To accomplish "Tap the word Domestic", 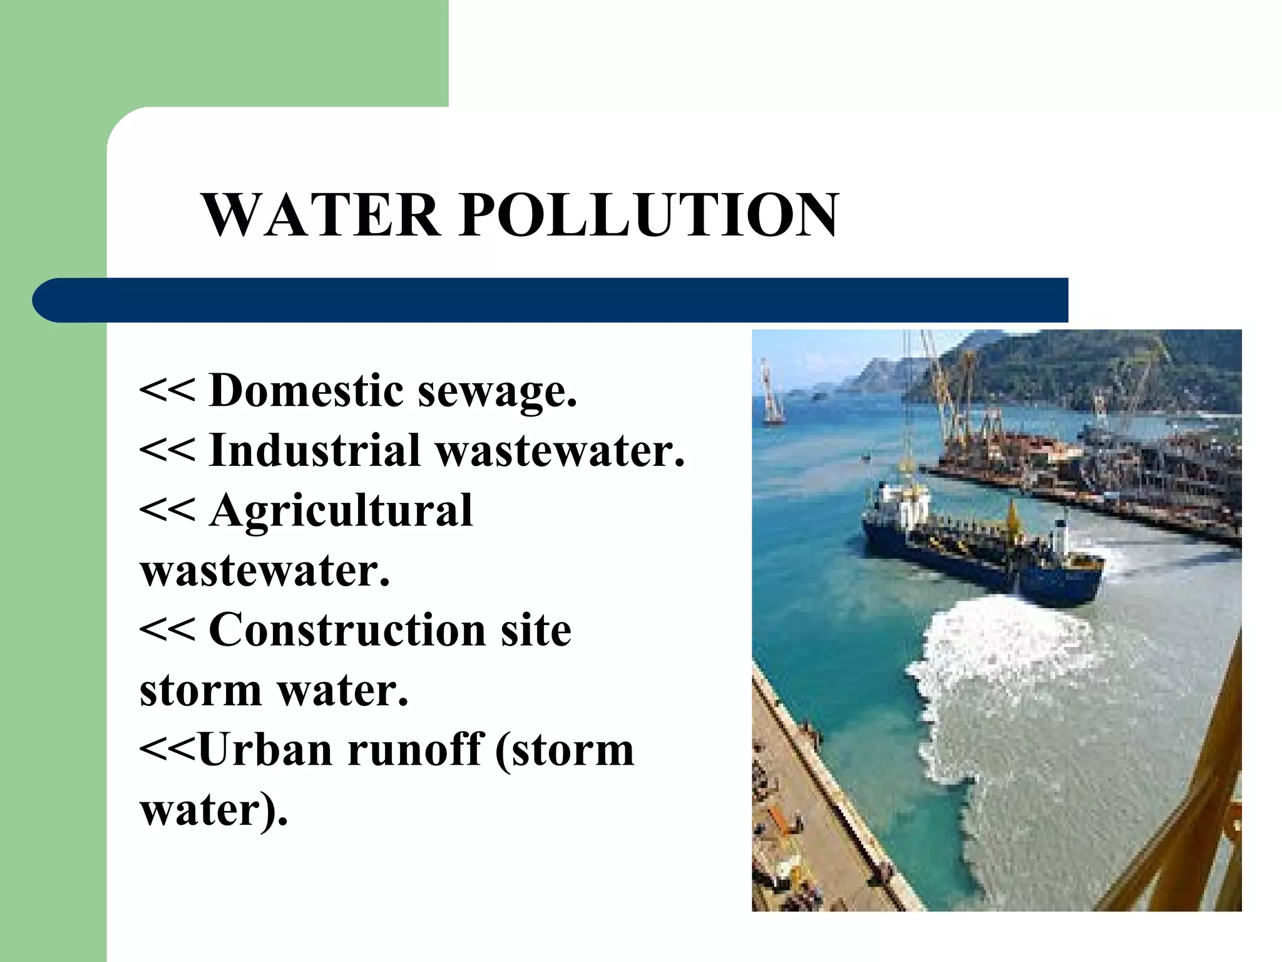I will coord(307,390).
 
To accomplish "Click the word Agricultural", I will coord(341,511).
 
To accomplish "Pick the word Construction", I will coord(347,629).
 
